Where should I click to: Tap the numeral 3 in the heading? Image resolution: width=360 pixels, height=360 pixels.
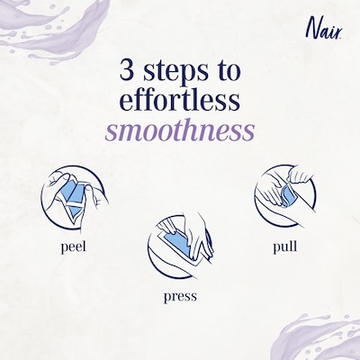(128, 70)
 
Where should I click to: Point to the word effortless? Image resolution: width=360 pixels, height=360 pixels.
(180, 100)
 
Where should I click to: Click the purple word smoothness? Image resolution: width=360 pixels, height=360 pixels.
(180, 130)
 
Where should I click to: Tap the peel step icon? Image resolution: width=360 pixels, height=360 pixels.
(74, 200)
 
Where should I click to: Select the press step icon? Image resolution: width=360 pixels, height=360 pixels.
(180, 244)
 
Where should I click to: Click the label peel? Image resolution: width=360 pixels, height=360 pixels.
(73, 247)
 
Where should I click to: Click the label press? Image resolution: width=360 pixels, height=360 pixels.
(180, 296)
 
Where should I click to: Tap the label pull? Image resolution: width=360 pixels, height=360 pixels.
(285, 247)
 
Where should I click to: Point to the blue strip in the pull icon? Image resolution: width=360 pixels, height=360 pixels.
(289, 195)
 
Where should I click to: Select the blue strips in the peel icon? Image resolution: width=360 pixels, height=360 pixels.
(71, 197)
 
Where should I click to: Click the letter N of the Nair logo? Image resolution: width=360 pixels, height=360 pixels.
(312, 29)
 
